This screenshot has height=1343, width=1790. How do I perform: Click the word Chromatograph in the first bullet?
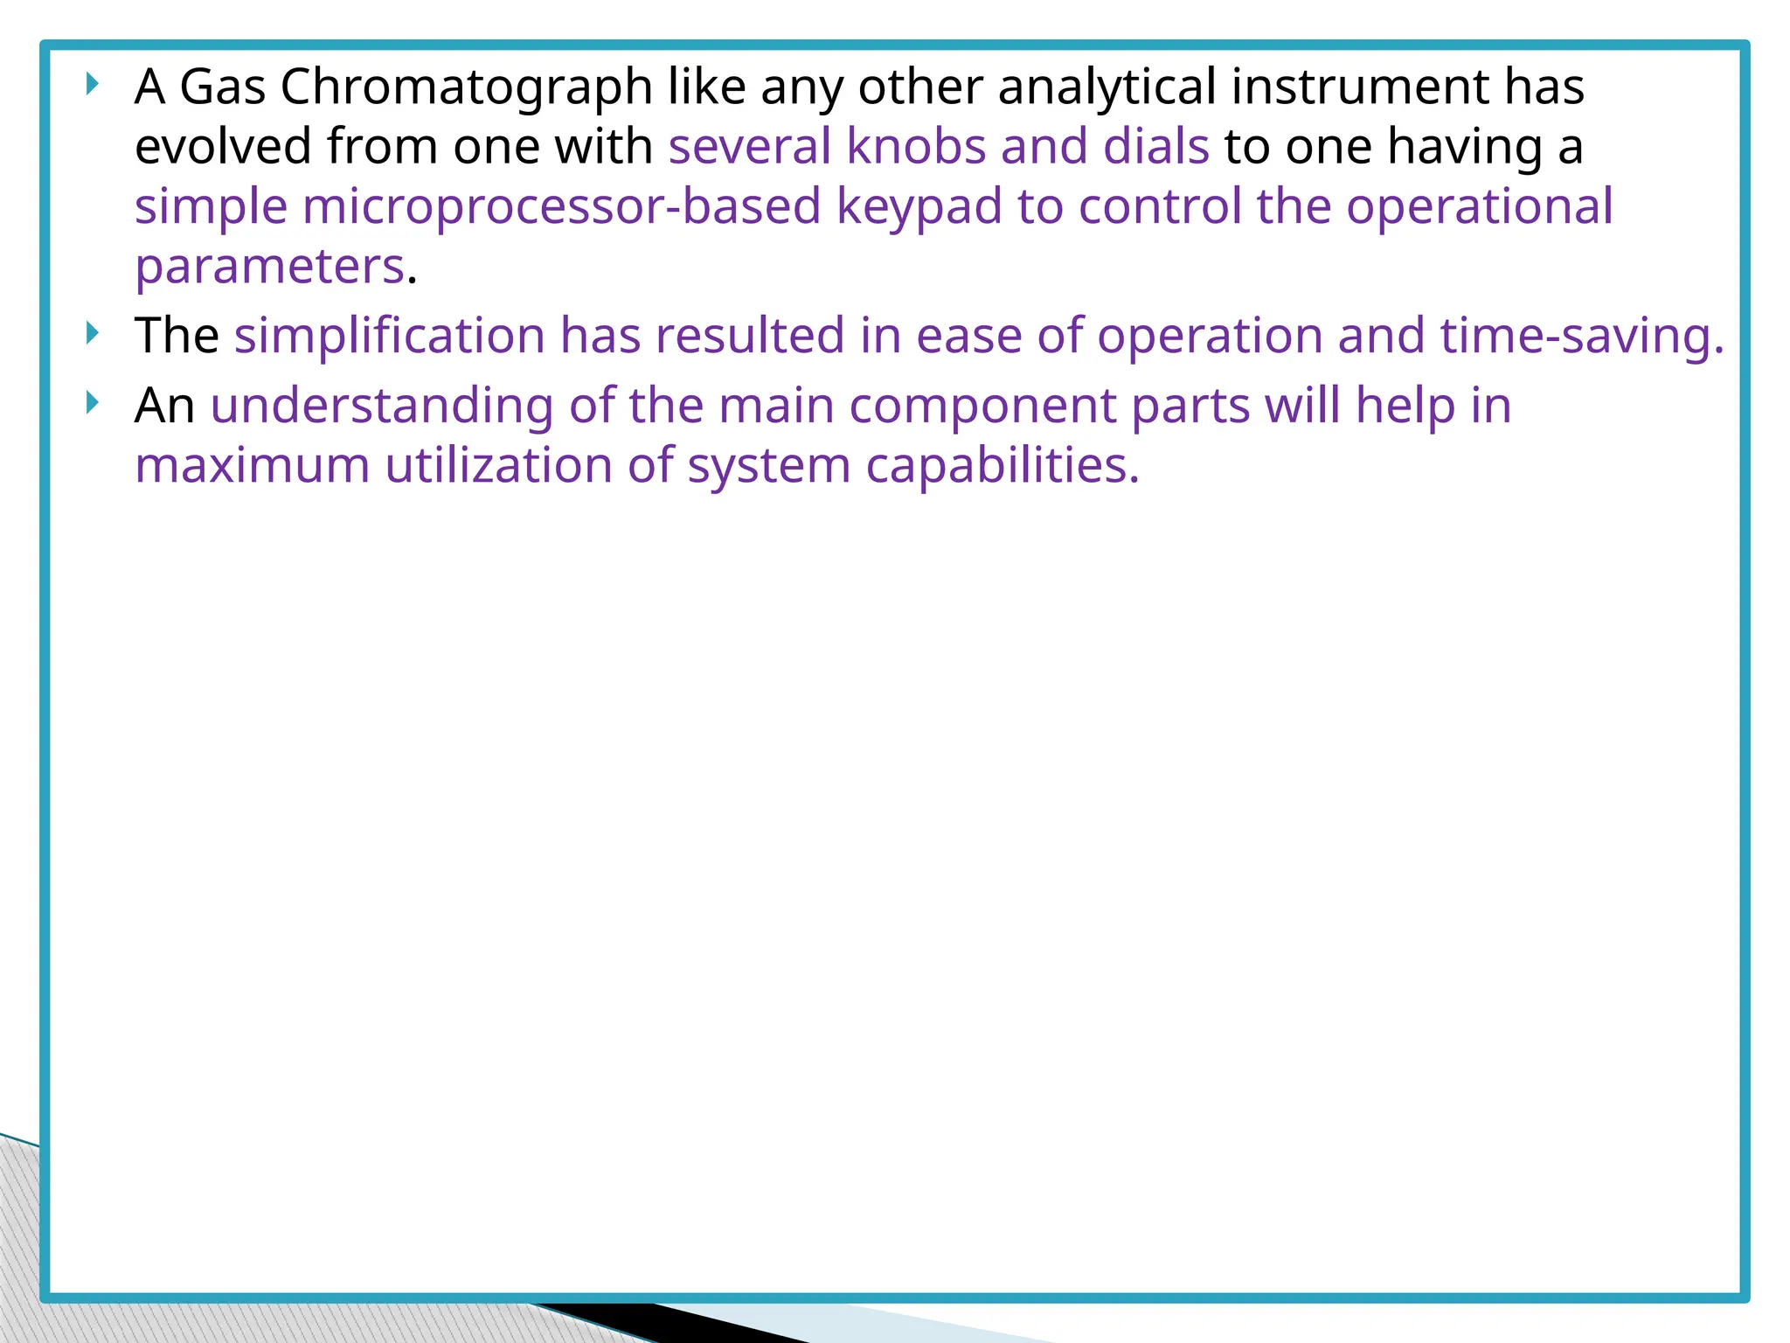click(466, 87)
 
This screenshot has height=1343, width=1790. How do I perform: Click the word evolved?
click(223, 146)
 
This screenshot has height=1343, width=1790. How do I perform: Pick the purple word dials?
click(1155, 146)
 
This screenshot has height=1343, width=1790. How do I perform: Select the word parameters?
click(270, 267)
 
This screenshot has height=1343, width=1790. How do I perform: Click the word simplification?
click(389, 336)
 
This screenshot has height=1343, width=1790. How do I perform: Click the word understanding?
click(382, 406)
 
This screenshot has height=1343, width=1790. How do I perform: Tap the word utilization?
click(498, 465)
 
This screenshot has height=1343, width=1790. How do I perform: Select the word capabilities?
click(1003, 465)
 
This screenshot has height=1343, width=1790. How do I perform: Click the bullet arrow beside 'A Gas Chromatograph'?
click(93, 85)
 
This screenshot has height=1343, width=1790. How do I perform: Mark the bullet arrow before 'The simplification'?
click(93, 333)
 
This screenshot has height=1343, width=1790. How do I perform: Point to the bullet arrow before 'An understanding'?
click(93, 403)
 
